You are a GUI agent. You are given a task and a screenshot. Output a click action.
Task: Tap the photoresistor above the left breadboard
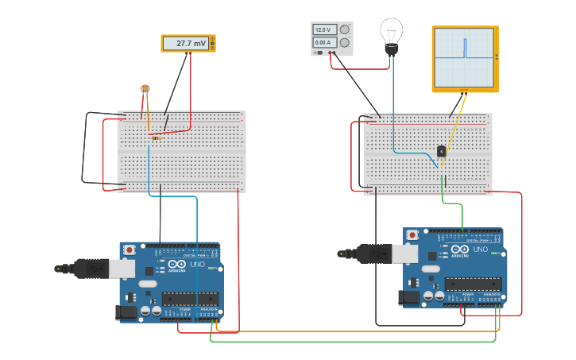(x=145, y=89)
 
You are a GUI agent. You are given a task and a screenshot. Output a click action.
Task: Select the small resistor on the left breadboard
(x=156, y=137)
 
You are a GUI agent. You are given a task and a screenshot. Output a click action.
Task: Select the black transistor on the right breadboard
(x=442, y=151)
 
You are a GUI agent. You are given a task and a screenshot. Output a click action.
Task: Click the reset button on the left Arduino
(x=130, y=250)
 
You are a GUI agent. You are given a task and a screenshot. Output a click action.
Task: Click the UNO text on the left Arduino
(x=197, y=264)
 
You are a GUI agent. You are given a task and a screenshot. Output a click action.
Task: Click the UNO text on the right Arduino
(x=481, y=250)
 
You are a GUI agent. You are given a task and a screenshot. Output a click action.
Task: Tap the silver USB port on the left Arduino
(x=122, y=269)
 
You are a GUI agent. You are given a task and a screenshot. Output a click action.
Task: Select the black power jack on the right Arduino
(x=409, y=297)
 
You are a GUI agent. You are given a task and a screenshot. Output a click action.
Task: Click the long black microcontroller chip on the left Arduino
(x=191, y=299)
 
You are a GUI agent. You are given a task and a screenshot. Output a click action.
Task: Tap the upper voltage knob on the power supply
(x=345, y=29)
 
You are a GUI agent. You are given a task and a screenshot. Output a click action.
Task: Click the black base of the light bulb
(x=391, y=50)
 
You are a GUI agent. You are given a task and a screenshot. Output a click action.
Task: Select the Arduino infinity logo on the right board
(x=460, y=250)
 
